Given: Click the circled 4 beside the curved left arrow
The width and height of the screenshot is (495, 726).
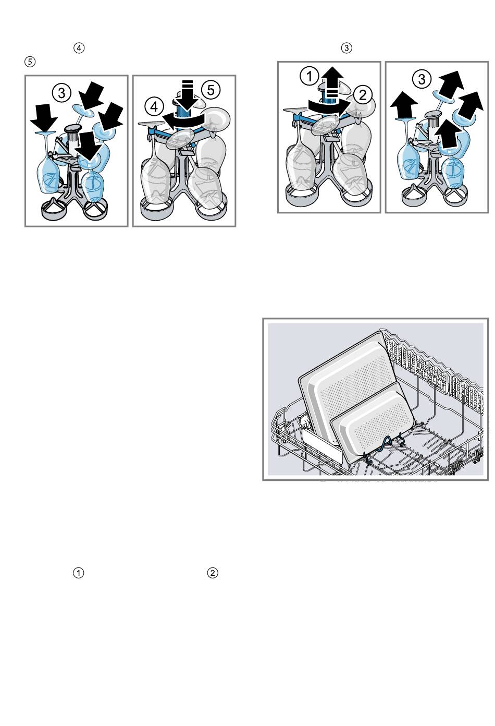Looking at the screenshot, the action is [155, 107].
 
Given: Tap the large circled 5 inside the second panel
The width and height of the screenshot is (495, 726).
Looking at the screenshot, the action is [211, 90].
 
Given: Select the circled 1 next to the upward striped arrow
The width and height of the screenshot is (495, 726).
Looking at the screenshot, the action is [310, 77].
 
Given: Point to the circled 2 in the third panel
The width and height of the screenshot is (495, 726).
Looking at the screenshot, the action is [363, 94].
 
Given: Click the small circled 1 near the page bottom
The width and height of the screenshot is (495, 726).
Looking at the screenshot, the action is [78, 573].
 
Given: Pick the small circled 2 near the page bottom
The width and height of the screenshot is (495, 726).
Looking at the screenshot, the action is [213, 573].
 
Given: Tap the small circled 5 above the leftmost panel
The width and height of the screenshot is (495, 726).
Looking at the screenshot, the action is [30, 62].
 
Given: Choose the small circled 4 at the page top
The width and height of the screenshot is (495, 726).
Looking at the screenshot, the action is [79, 48].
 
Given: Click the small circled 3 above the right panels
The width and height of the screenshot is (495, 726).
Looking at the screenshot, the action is [346, 48].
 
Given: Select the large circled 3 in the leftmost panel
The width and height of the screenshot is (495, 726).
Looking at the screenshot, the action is [61, 94].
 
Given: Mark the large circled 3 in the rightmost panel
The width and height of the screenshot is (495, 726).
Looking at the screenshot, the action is [422, 79].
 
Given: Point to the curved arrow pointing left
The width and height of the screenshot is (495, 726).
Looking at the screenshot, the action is [184, 121].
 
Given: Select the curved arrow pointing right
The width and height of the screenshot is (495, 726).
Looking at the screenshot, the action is [329, 106].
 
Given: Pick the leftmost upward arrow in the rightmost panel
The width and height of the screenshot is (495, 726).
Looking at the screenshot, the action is [404, 105].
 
